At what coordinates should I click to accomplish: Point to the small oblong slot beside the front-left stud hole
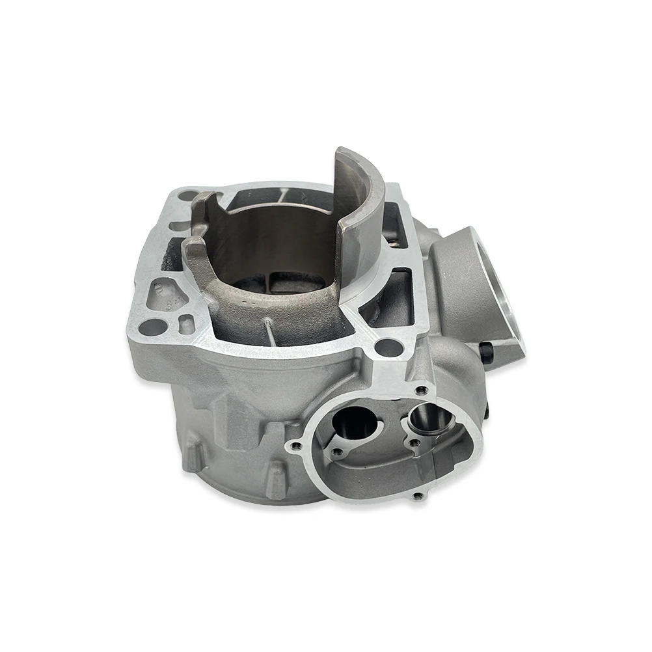(186, 324)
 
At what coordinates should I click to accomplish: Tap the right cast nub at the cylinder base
(277, 478)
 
